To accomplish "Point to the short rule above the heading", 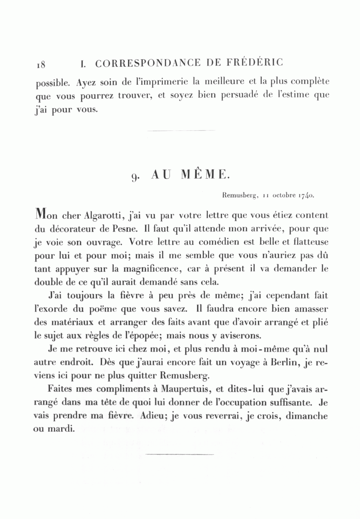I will [x=181, y=130].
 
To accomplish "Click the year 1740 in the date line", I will [x=305, y=196].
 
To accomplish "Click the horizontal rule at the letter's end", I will [x=180, y=454].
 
